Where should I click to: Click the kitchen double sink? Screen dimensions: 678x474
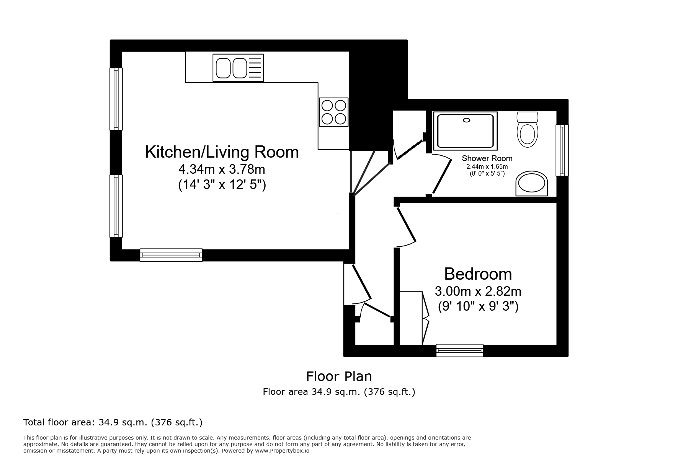[x=238, y=68]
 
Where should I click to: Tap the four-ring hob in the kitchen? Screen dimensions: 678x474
[x=334, y=112]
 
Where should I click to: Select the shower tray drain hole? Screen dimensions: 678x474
[x=466, y=120]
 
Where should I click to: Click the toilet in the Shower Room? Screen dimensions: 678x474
[x=527, y=129]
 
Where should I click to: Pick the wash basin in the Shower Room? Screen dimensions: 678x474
[x=531, y=184]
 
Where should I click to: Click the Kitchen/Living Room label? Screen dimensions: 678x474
[x=222, y=152]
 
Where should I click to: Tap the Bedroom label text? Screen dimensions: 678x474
[x=478, y=274]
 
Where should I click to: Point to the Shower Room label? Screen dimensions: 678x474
[x=487, y=158]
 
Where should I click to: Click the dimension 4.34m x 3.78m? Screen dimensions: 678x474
[x=222, y=169]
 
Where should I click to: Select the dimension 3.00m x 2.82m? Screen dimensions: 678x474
[x=478, y=292]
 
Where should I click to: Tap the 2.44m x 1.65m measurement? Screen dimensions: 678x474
[x=487, y=167]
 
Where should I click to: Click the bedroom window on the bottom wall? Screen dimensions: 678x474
[x=460, y=350]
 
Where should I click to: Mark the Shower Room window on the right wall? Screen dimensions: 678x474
[x=562, y=150]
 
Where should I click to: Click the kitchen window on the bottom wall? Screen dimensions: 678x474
[x=171, y=255]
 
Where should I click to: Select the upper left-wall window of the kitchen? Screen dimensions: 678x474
[x=116, y=99]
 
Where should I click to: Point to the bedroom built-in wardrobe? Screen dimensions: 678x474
[x=414, y=318]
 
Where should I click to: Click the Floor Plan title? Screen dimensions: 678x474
[x=339, y=376]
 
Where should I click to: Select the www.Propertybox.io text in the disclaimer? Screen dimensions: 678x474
[x=282, y=451]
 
